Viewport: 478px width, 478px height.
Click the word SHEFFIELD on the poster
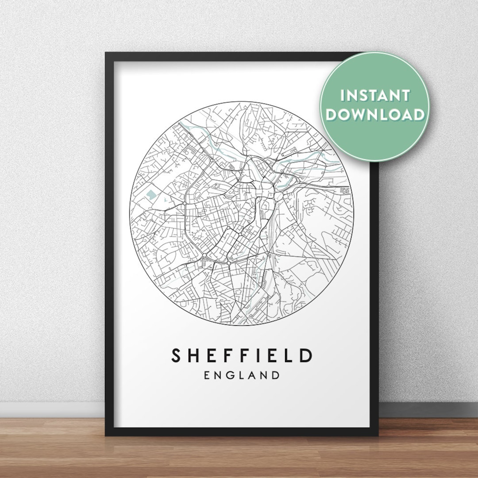click(x=242, y=356)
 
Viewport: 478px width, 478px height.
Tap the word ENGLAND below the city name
click(x=242, y=376)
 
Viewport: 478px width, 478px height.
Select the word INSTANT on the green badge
click(x=374, y=96)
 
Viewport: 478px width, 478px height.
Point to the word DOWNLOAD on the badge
click(x=374, y=114)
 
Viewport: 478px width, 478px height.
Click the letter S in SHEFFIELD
click(x=177, y=356)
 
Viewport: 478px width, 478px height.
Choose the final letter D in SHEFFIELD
click(x=305, y=356)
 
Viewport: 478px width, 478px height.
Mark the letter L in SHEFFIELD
click(x=286, y=356)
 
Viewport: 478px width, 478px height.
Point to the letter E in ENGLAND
click(x=207, y=376)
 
